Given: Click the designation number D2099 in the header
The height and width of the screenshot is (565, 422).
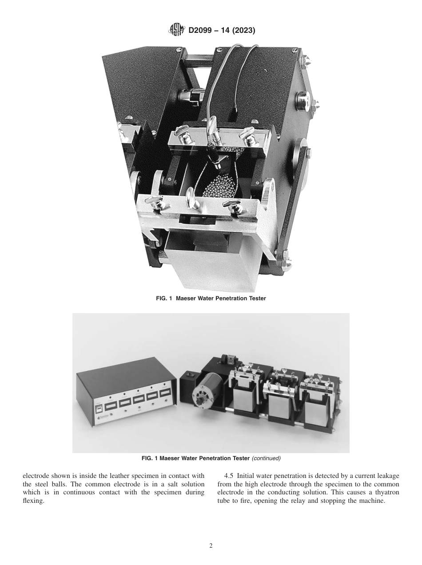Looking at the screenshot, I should click(x=203, y=31).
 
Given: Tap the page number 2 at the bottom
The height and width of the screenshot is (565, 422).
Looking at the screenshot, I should click(x=211, y=546).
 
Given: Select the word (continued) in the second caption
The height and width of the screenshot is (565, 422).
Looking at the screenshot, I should click(x=266, y=458).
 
